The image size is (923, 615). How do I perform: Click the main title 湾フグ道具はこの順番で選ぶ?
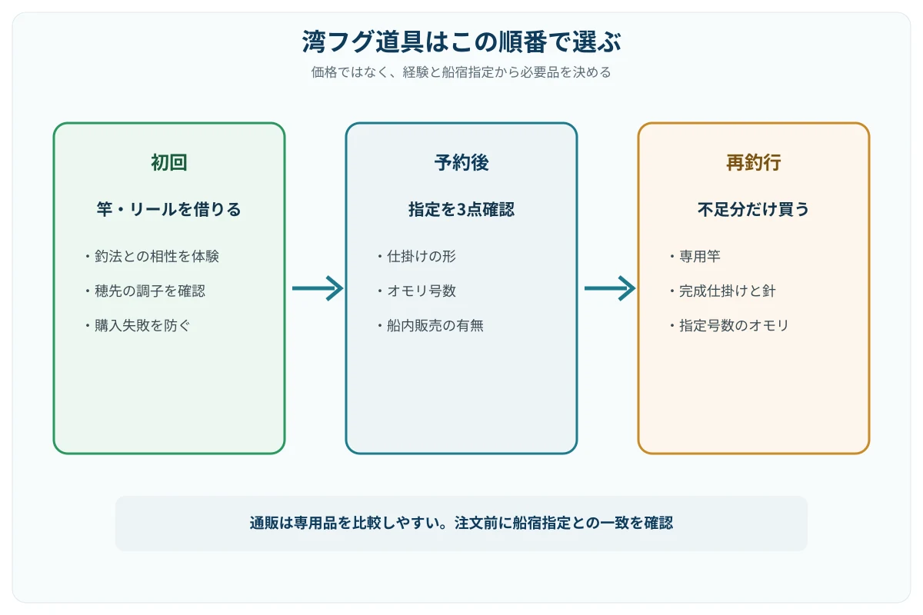tap(461, 42)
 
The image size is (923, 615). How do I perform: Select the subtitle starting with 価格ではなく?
tap(461, 72)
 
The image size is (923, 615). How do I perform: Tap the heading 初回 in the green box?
tap(169, 162)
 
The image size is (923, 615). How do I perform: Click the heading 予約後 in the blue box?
tap(461, 162)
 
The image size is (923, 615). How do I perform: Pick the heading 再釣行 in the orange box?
tap(754, 162)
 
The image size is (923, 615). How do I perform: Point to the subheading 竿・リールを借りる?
tap(169, 209)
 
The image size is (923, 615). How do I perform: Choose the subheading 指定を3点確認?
tap(461, 209)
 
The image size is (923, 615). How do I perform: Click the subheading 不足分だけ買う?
tap(754, 209)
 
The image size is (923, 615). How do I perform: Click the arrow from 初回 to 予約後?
tap(318, 288)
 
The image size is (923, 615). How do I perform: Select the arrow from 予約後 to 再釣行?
tap(610, 288)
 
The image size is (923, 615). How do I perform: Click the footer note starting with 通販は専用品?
tap(461, 524)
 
